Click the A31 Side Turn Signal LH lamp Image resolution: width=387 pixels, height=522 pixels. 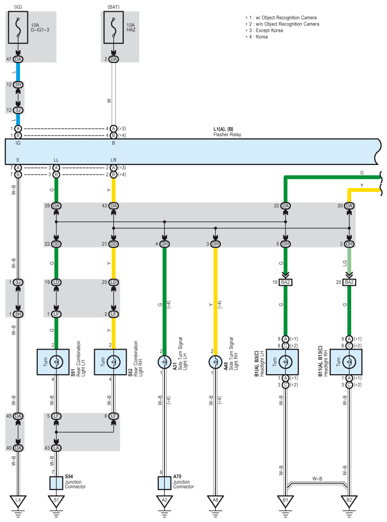(x=164, y=362)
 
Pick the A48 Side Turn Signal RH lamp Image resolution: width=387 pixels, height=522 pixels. (x=215, y=362)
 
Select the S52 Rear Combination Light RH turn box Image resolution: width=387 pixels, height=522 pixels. (x=110, y=362)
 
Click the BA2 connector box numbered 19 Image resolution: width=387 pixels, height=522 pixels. (x=285, y=282)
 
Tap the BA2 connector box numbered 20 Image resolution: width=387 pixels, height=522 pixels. (x=349, y=282)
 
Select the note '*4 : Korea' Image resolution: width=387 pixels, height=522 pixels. (x=257, y=37)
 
